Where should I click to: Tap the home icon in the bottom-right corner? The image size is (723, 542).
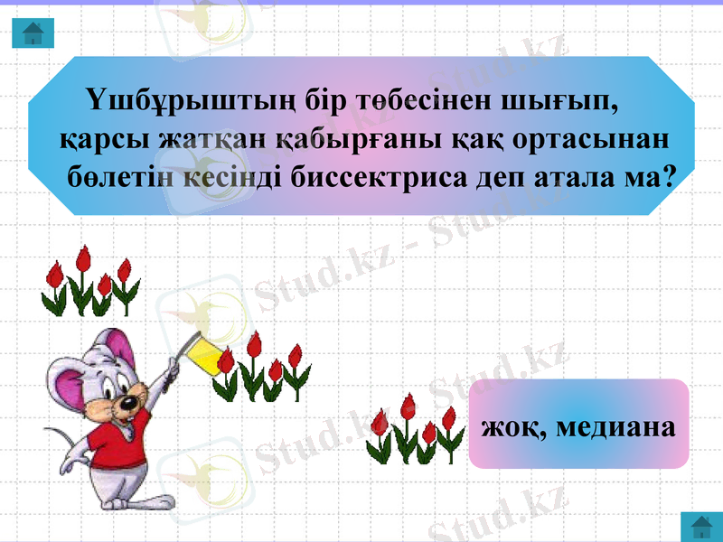point(700,527)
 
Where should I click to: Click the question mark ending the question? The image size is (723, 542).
point(670,175)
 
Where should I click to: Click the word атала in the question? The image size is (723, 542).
point(577,175)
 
